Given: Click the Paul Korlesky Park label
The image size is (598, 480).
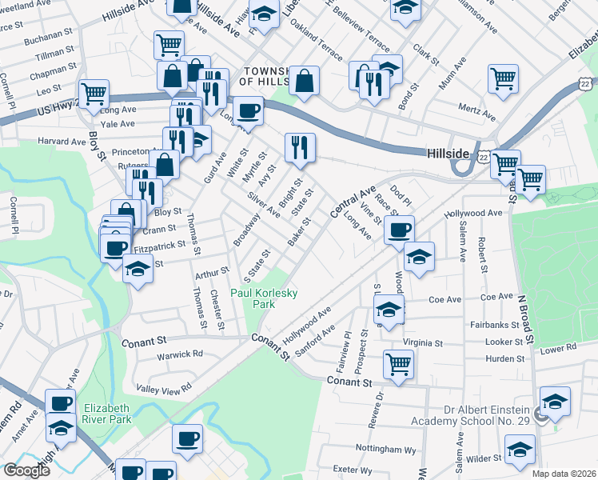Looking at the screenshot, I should click(264, 298).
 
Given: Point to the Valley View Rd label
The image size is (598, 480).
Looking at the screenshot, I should click(164, 387).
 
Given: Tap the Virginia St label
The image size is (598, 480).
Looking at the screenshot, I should click(422, 342).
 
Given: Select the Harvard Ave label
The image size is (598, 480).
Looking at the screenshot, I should click(62, 141).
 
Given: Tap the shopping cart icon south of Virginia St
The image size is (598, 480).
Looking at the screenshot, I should click(398, 364).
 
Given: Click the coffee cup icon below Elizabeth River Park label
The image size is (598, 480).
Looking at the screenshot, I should click(189, 438).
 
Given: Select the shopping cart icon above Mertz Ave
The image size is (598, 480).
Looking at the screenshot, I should click(503, 78).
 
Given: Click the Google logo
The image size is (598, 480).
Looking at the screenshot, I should click(26, 470).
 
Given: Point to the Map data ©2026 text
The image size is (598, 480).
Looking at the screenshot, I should click(564, 474).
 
